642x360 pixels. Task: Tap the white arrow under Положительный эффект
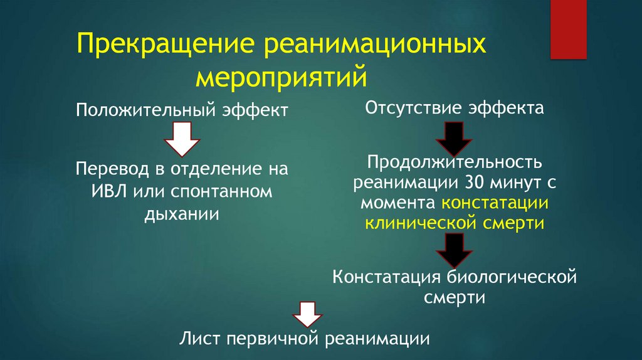pyautogui.click(x=182, y=139)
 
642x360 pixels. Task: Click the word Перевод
pyautogui.click(x=108, y=169)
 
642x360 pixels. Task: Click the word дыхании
pyautogui.click(x=182, y=213)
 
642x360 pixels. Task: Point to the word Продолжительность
pyautogui.click(x=454, y=163)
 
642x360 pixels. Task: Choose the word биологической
pyautogui.click(x=512, y=277)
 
